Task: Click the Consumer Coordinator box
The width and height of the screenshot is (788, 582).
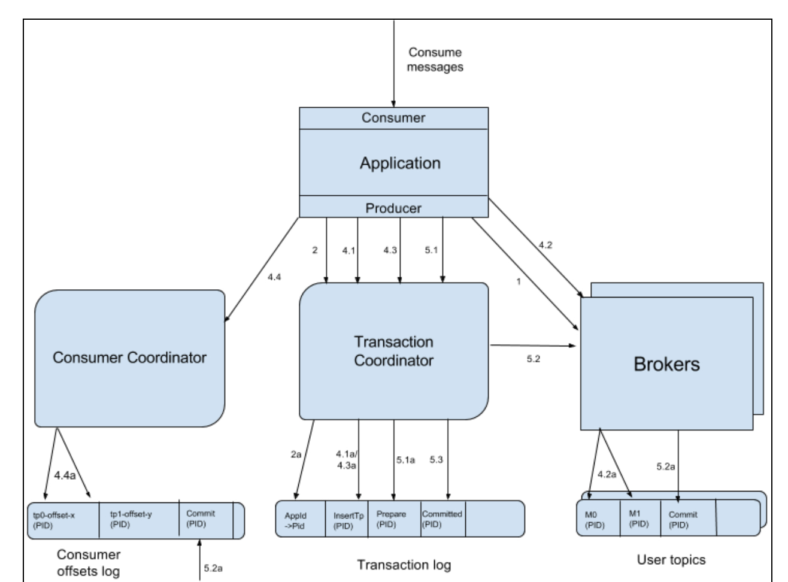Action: [x=129, y=358]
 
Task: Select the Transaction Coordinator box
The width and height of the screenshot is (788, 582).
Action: [x=393, y=351]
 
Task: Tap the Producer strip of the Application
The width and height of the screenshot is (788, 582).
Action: [x=393, y=208]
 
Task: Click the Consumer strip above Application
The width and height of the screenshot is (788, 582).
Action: [x=393, y=118]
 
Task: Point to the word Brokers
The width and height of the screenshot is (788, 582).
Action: [x=666, y=364]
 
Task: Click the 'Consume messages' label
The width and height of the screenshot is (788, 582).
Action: [x=435, y=60]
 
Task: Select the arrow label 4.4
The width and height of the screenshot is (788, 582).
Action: [x=274, y=277]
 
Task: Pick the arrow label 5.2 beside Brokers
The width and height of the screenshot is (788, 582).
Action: [x=533, y=359]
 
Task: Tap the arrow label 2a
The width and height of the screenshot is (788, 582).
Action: [x=295, y=455]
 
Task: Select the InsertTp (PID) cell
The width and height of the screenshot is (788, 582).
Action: [x=348, y=520]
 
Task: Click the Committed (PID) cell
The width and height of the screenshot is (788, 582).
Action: [x=442, y=519]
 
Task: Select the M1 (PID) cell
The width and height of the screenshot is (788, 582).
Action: [x=639, y=519]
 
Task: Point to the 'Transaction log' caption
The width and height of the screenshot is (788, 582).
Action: [x=404, y=565]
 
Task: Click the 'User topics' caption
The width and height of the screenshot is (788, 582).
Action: [x=671, y=560]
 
